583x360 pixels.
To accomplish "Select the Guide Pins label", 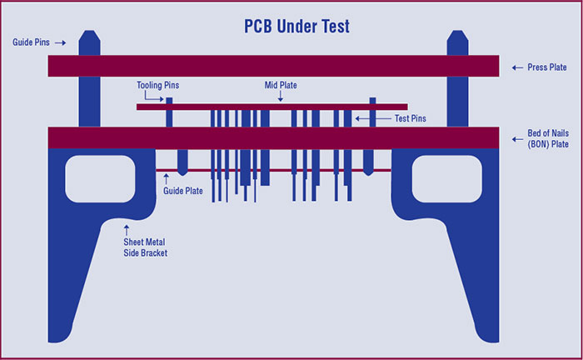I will pos(31,41).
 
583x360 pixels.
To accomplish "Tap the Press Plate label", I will pos(547,67).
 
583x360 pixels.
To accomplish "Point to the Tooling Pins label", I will pos(157,84).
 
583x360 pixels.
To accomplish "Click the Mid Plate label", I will pos(281,84).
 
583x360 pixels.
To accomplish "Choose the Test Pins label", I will pos(409,118).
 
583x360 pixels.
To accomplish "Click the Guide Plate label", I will pos(182,191).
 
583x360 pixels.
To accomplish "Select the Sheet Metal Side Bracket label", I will pos(146,247).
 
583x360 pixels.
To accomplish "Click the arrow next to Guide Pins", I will pos(61,41).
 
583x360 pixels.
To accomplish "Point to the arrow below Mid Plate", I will pos(281,97).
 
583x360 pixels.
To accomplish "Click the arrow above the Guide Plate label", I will pos(166,177).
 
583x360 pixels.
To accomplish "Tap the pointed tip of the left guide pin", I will pos(89,34).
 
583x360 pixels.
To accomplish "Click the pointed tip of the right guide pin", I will pos(458,34).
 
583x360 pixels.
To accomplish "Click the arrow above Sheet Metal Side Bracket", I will pos(127,227).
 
